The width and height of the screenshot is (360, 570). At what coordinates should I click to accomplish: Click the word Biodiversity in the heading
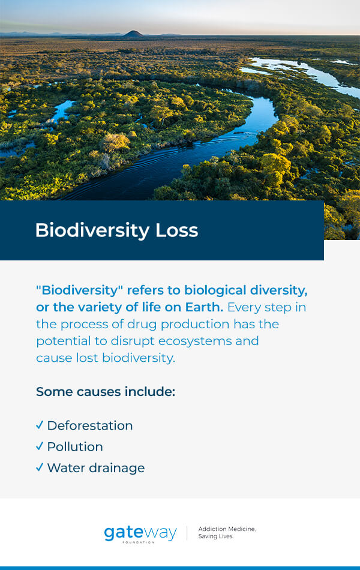(x=92, y=231)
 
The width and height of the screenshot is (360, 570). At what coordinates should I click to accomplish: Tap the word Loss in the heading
(x=177, y=230)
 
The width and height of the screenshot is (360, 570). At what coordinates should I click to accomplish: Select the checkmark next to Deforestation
(x=40, y=425)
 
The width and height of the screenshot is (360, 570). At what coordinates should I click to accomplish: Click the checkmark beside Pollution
(x=40, y=446)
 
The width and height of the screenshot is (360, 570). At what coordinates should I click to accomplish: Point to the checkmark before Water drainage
(x=40, y=467)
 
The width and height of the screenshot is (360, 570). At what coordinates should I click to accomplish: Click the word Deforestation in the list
(x=90, y=425)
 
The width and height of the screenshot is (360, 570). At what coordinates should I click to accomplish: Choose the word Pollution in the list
(x=75, y=447)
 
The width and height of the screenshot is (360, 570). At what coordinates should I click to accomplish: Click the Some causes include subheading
(x=106, y=392)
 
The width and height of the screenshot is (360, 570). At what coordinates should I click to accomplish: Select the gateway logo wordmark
(x=140, y=533)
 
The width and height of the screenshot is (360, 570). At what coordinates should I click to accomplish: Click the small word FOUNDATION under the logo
(x=139, y=542)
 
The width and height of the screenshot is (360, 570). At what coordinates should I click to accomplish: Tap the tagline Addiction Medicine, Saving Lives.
(x=227, y=533)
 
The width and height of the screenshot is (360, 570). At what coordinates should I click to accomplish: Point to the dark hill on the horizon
(x=133, y=34)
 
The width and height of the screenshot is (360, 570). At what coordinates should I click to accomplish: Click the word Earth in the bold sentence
(x=204, y=307)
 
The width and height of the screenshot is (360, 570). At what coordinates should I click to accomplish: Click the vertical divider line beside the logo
(x=187, y=533)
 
